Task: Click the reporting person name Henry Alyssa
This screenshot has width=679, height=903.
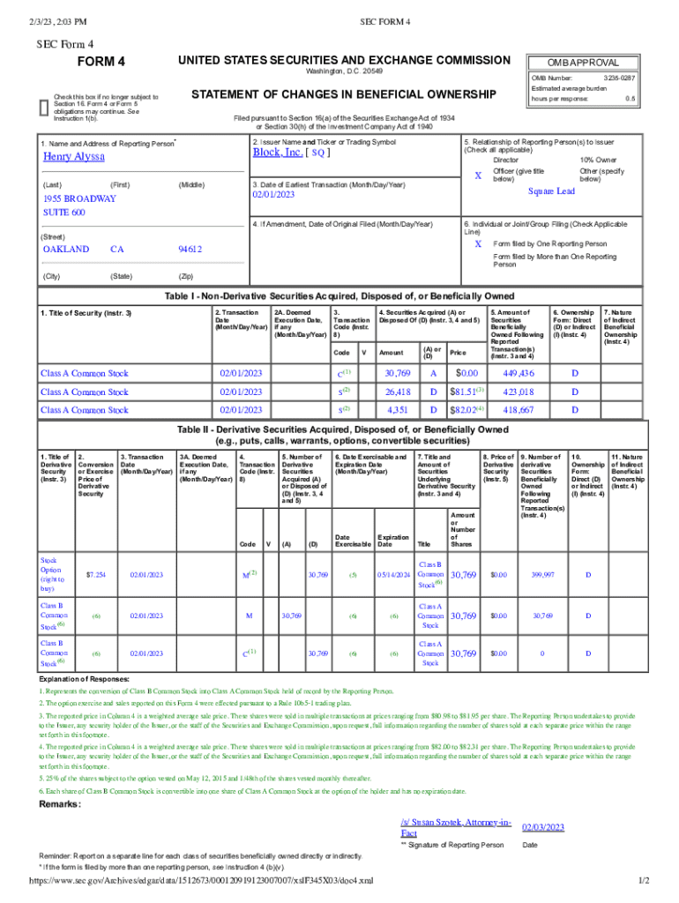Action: (74, 156)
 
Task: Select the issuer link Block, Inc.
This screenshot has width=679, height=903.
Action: (278, 152)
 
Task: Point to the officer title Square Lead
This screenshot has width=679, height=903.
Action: (551, 191)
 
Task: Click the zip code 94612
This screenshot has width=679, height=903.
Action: (190, 250)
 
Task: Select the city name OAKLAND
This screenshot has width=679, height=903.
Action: (66, 250)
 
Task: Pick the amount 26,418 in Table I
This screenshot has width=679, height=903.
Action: (398, 392)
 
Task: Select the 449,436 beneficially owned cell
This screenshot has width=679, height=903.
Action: (517, 373)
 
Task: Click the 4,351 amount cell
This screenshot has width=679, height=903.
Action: (398, 410)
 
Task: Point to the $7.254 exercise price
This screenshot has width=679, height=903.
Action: (96, 575)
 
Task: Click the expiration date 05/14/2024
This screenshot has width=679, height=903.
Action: (393, 575)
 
